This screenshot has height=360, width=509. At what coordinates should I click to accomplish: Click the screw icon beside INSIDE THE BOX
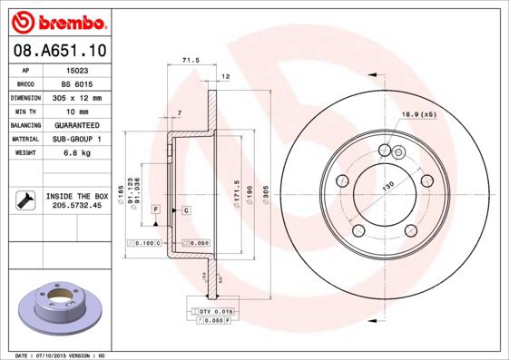click(x=22, y=200)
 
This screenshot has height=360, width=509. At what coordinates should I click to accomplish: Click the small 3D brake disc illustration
click(x=59, y=301)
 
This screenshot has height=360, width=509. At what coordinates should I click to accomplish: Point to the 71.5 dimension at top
click(x=191, y=60)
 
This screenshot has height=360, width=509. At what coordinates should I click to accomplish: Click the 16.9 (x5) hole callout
click(x=418, y=115)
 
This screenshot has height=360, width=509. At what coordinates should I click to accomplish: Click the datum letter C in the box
click(x=185, y=210)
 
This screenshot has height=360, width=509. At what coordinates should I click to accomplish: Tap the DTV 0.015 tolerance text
click(x=215, y=312)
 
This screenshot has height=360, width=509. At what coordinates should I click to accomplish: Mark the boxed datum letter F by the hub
click(x=156, y=210)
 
